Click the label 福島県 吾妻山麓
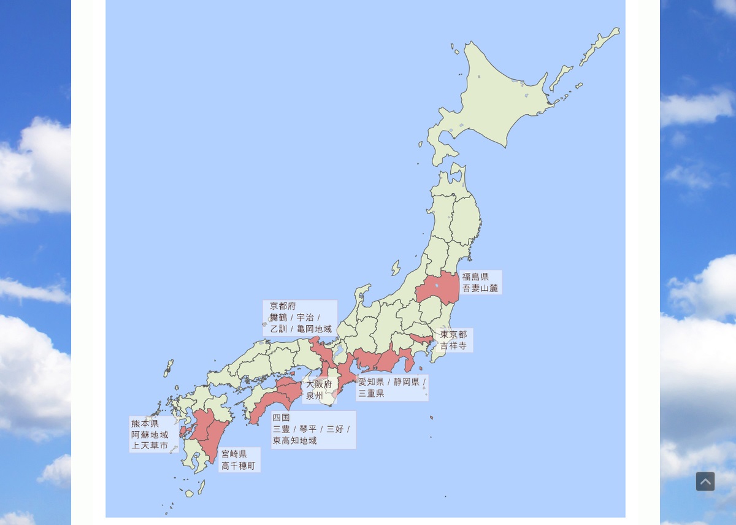pyautogui.click(x=480, y=282)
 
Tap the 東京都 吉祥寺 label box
pyautogui.click(x=454, y=340)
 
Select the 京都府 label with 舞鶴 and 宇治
pyautogui.click(x=300, y=318)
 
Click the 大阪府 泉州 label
pyautogui.click(x=318, y=390)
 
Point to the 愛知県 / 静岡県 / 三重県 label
pyautogui.click(x=392, y=388)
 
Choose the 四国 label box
pyautogui.click(x=313, y=429)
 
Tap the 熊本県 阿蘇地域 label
pyautogui.click(x=153, y=434)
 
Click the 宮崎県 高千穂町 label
pyautogui.click(x=239, y=460)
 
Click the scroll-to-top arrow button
pyautogui.click(x=705, y=481)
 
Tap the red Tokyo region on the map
pyautogui.click(x=421, y=339)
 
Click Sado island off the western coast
pyautogui.click(x=396, y=268)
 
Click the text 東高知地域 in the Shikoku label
pyautogui.click(x=295, y=441)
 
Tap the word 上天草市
pyautogui.click(x=150, y=446)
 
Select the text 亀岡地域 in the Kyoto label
pyautogui.click(x=314, y=329)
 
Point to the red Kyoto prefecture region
pyautogui.click(x=320, y=350)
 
